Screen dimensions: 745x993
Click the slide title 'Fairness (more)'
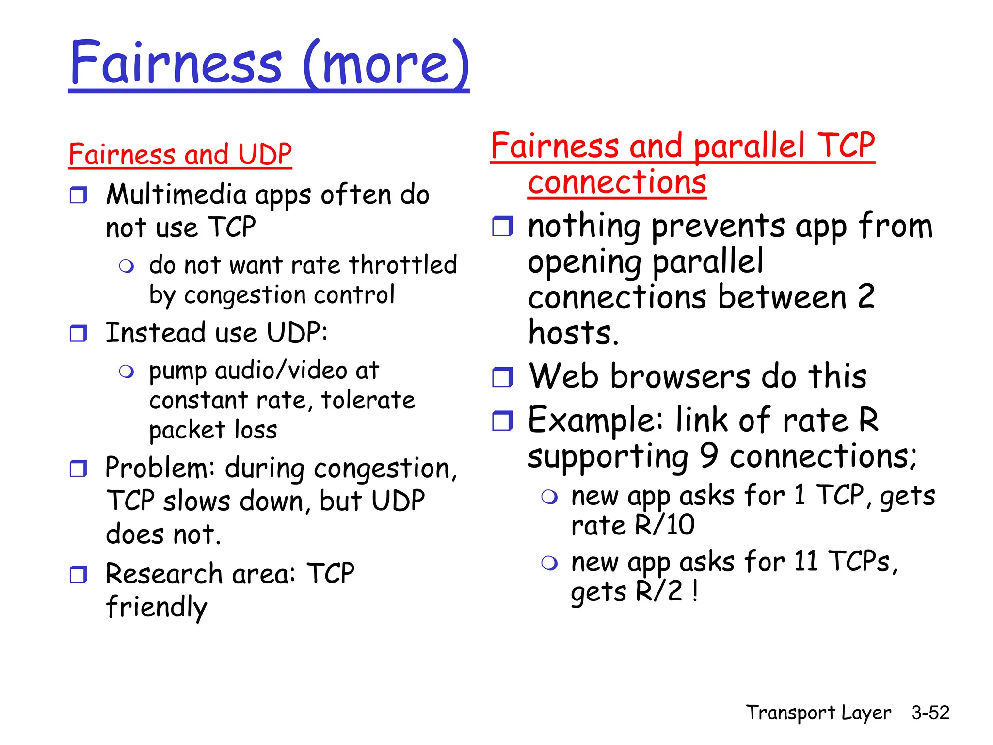coord(269,63)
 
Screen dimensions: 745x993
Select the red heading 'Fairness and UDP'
coord(180,154)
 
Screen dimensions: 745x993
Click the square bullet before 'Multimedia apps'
coord(78,195)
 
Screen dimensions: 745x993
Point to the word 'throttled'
coord(402,265)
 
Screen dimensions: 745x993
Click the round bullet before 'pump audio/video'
coord(127,372)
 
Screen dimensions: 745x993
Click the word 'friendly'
coord(156,607)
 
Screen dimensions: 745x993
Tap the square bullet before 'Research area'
coord(78,574)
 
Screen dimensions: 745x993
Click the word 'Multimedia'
coord(176,195)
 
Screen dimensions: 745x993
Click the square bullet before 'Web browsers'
coord(502,377)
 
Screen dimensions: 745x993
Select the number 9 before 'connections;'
coord(708,455)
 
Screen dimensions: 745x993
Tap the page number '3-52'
coord(930,713)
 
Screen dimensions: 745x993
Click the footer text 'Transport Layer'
coord(818,713)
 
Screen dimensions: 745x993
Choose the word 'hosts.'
coord(573,333)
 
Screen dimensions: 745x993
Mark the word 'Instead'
coord(156,333)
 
